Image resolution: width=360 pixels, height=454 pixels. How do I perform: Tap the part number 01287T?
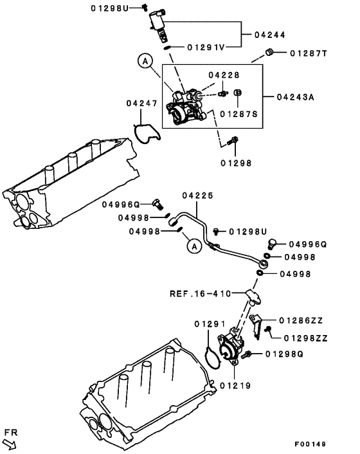click(x=309, y=53)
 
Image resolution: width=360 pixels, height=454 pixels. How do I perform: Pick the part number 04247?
click(x=141, y=103)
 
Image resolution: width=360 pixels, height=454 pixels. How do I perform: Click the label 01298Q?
click(x=285, y=354)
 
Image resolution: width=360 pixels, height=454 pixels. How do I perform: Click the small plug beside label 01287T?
click(x=271, y=52)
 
